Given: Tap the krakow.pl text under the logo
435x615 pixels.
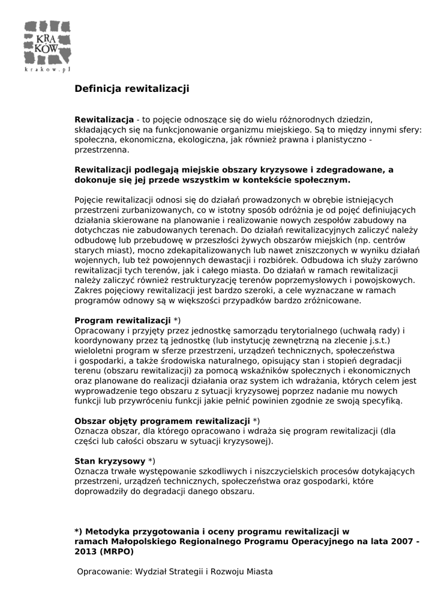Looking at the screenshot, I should (48, 70).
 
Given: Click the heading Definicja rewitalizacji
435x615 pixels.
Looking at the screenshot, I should (131, 89).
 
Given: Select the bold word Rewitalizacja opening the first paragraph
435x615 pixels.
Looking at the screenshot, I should (104, 120).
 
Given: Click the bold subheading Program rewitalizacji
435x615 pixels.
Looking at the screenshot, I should (122, 320).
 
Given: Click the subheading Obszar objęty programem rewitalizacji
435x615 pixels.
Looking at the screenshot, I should (162, 420).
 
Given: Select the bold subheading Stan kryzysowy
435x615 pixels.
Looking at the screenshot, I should (110, 461).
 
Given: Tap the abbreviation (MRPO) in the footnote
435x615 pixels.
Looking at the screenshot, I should (117, 551).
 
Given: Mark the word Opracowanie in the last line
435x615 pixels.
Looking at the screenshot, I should (103, 572).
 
